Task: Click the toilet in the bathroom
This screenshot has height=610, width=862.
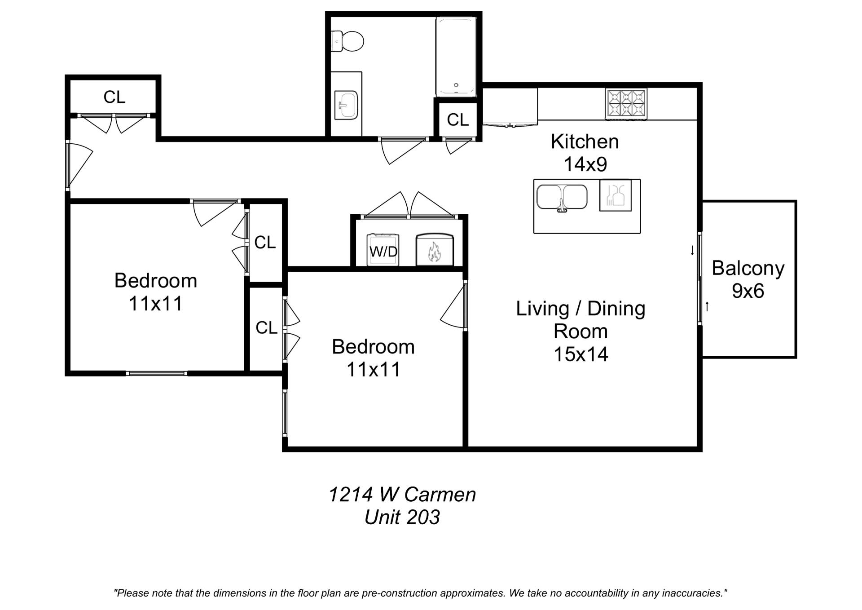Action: [348, 41]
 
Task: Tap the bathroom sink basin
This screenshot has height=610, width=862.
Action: [346, 105]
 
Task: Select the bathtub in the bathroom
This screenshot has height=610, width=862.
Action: [456, 57]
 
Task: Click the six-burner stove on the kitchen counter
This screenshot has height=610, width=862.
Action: [626, 104]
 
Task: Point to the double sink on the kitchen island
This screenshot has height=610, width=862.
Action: [562, 197]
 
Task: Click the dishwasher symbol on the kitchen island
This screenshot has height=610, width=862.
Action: [616, 195]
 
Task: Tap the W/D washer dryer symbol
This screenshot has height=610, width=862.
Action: [383, 250]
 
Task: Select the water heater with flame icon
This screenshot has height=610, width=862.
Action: [435, 250]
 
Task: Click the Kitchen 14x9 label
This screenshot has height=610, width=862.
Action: [585, 153]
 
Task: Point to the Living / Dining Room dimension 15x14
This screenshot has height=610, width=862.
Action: [581, 354]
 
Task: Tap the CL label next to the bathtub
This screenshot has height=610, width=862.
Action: [457, 120]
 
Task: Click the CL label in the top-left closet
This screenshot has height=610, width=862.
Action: [114, 97]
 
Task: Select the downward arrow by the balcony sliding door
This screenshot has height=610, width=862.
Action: [692, 251]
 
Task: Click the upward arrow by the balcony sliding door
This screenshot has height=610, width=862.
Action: [707, 307]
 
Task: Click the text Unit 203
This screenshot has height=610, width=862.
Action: [402, 517]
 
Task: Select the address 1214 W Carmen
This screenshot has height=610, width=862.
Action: [402, 495]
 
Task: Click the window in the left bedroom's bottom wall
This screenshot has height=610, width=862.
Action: [156, 373]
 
